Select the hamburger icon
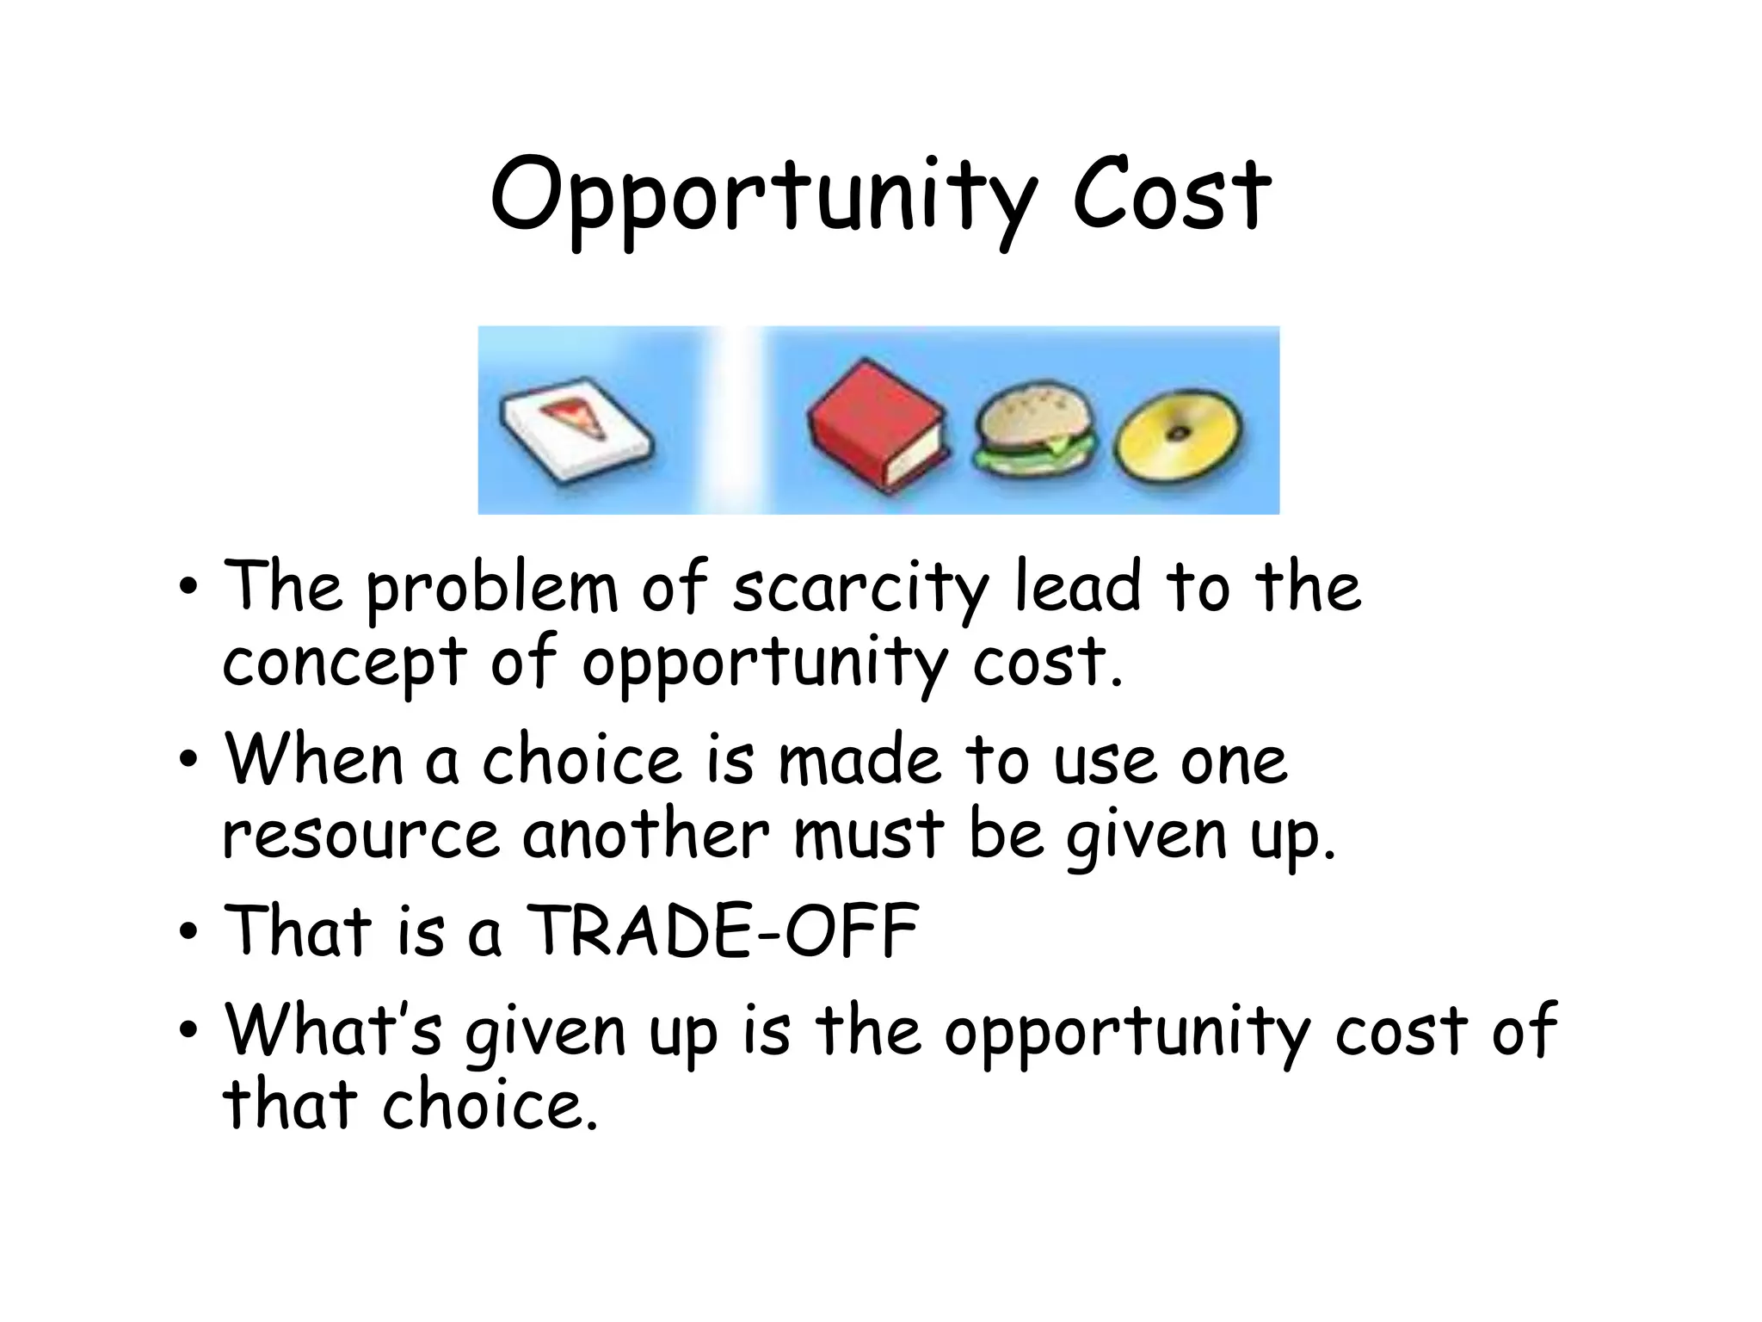point(1035,428)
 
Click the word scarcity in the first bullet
point(860,590)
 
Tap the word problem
point(492,590)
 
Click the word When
point(314,760)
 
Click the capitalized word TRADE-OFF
point(723,931)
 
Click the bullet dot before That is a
point(189,932)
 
